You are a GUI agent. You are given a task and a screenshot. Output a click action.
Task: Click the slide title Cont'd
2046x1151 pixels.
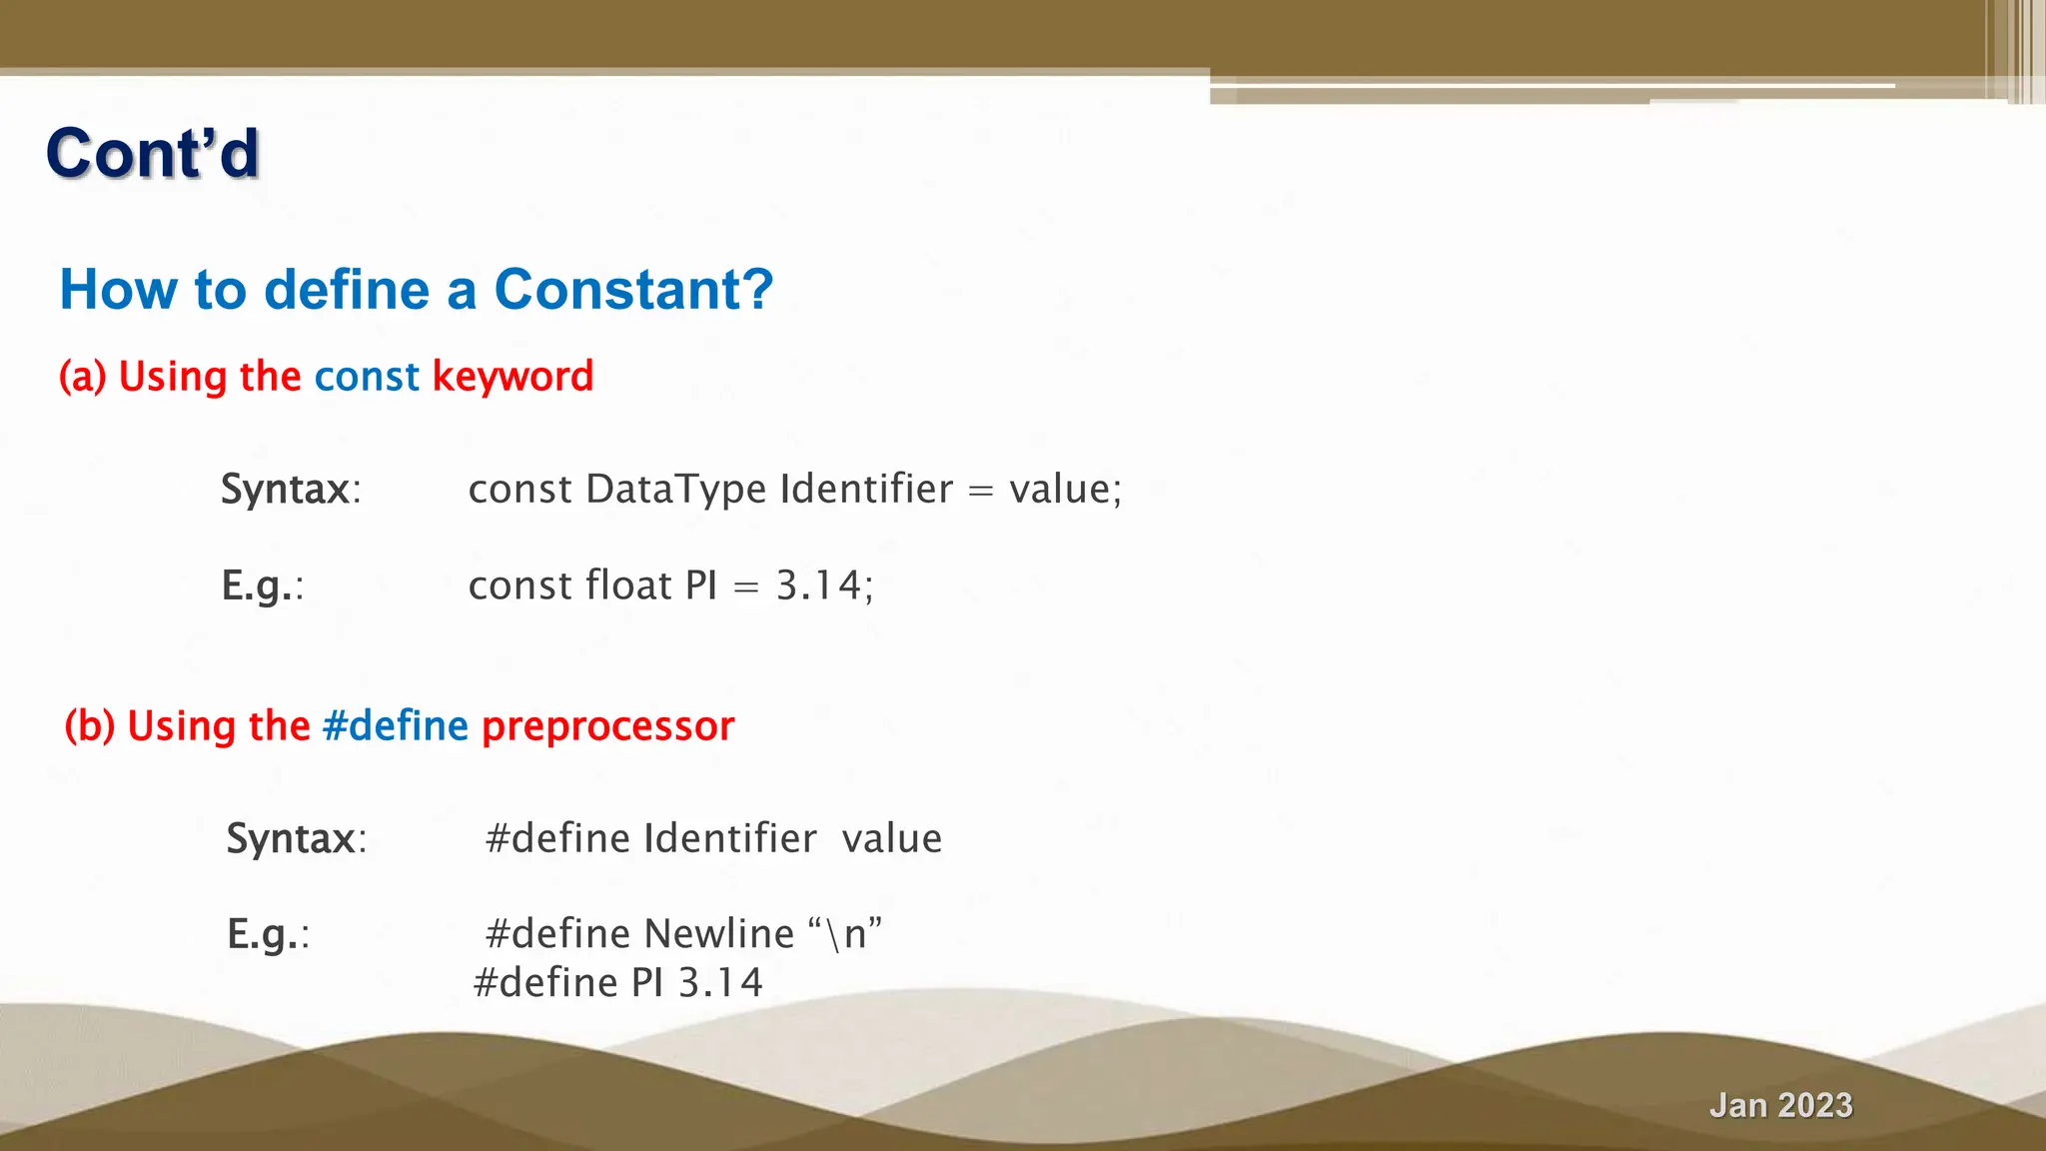tap(152, 154)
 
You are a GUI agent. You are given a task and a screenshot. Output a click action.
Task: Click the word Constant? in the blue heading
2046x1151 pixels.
tap(633, 290)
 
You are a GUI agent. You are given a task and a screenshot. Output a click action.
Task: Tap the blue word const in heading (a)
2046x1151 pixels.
tap(367, 377)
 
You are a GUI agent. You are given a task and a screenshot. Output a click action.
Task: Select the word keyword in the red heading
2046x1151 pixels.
tap(512, 377)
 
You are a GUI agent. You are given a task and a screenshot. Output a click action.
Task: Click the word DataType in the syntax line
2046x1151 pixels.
tap(676, 489)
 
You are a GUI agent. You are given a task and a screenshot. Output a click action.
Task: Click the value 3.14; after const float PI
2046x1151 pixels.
tap(824, 585)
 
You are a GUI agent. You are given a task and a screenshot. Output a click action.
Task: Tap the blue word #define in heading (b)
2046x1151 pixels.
tap(396, 725)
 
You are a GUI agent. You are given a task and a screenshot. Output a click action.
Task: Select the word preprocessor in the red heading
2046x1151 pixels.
tap(607, 726)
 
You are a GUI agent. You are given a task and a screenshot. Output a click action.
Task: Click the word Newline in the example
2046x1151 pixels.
tap(718, 934)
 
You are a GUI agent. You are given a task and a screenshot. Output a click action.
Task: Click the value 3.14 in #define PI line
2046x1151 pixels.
tap(720, 983)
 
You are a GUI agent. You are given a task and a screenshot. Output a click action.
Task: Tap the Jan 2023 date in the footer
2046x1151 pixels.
tap(1780, 1105)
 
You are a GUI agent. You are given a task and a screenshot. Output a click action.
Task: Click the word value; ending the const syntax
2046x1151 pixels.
tap(1065, 489)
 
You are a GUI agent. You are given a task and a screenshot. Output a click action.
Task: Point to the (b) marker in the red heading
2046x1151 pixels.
tap(90, 725)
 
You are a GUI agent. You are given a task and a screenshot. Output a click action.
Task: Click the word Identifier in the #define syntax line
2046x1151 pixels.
tap(729, 838)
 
